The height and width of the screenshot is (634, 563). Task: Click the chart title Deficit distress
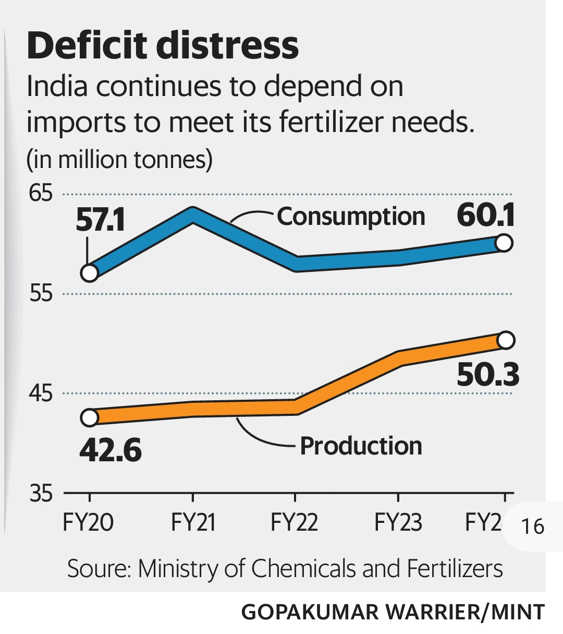click(x=163, y=46)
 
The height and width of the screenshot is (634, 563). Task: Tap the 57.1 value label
click(x=100, y=220)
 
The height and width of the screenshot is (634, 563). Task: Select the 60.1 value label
click(x=486, y=215)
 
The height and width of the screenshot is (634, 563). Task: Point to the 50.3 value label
click(x=488, y=375)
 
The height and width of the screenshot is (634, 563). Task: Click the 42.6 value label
click(x=111, y=449)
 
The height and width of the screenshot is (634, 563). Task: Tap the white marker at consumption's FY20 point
click(x=90, y=273)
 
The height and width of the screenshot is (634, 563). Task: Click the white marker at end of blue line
click(x=504, y=243)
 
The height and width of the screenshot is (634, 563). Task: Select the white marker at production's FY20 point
click(x=90, y=417)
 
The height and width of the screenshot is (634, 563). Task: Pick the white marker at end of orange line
click(x=506, y=340)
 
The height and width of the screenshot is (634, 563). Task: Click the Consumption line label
click(x=351, y=217)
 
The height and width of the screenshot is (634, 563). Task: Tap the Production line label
click(x=361, y=446)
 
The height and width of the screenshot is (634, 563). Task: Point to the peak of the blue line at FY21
click(x=193, y=214)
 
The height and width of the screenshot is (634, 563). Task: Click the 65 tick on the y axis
click(x=41, y=194)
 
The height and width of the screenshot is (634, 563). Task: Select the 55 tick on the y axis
click(x=41, y=294)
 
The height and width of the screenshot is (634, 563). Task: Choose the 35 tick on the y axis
click(x=41, y=493)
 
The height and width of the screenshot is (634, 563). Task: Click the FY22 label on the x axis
click(x=294, y=522)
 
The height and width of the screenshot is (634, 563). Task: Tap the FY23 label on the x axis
click(x=398, y=522)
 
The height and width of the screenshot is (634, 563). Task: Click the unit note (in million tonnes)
click(x=119, y=160)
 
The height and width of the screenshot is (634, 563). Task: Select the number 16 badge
click(x=533, y=526)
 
